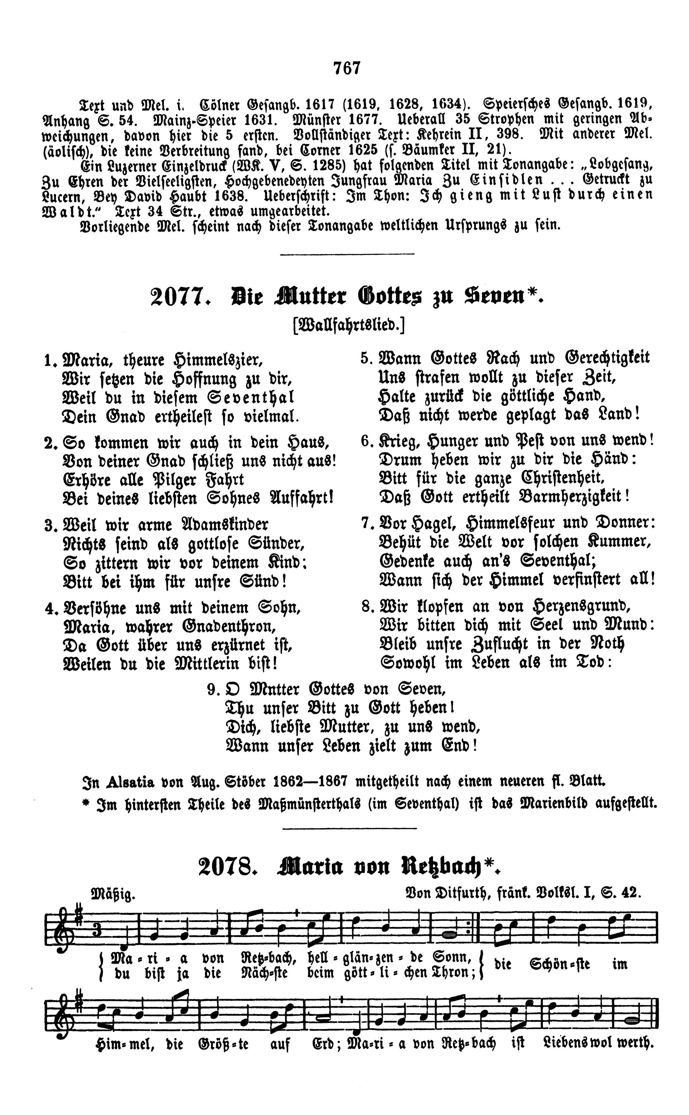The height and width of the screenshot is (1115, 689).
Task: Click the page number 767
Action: coord(347,68)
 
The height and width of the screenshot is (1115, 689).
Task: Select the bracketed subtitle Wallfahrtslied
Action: coord(349,325)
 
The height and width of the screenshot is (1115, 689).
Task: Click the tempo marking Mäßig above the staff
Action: coord(113,895)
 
